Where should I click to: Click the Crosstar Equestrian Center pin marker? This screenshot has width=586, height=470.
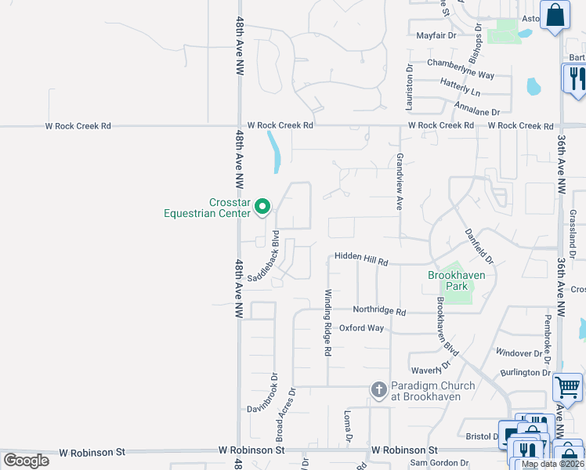[x=263, y=207]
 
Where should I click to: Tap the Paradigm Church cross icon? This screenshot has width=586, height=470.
[x=379, y=390]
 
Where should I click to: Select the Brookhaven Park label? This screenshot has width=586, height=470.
[x=457, y=280]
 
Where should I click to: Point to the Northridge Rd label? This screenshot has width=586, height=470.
[x=379, y=311]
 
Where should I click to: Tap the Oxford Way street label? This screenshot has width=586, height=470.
[x=361, y=328]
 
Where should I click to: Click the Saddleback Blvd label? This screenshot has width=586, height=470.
[x=265, y=256]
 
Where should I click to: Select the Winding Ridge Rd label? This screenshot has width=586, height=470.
[x=328, y=322]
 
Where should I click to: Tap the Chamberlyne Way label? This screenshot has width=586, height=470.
[x=461, y=63]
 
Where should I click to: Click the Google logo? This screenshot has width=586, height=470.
[x=26, y=460]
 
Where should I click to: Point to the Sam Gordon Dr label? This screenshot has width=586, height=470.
[x=439, y=464]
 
